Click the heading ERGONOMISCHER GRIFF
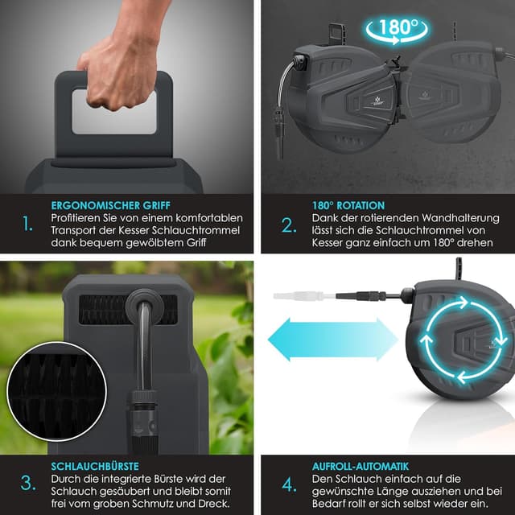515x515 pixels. [x=111, y=206]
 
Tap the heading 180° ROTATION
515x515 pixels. [x=348, y=206]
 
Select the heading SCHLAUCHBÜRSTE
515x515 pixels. [x=95, y=467]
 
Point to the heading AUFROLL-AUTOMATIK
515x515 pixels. [x=360, y=467]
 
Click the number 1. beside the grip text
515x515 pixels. [x=27, y=224]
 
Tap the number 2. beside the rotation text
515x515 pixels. [x=289, y=225]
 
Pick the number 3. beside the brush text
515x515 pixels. [x=28, y=483]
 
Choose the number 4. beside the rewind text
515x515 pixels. [x=289, y=484]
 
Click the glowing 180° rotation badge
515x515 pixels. [x=397, y=30]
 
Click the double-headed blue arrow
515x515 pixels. [x=332, y=340]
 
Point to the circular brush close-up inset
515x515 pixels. [x=57, y=391]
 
